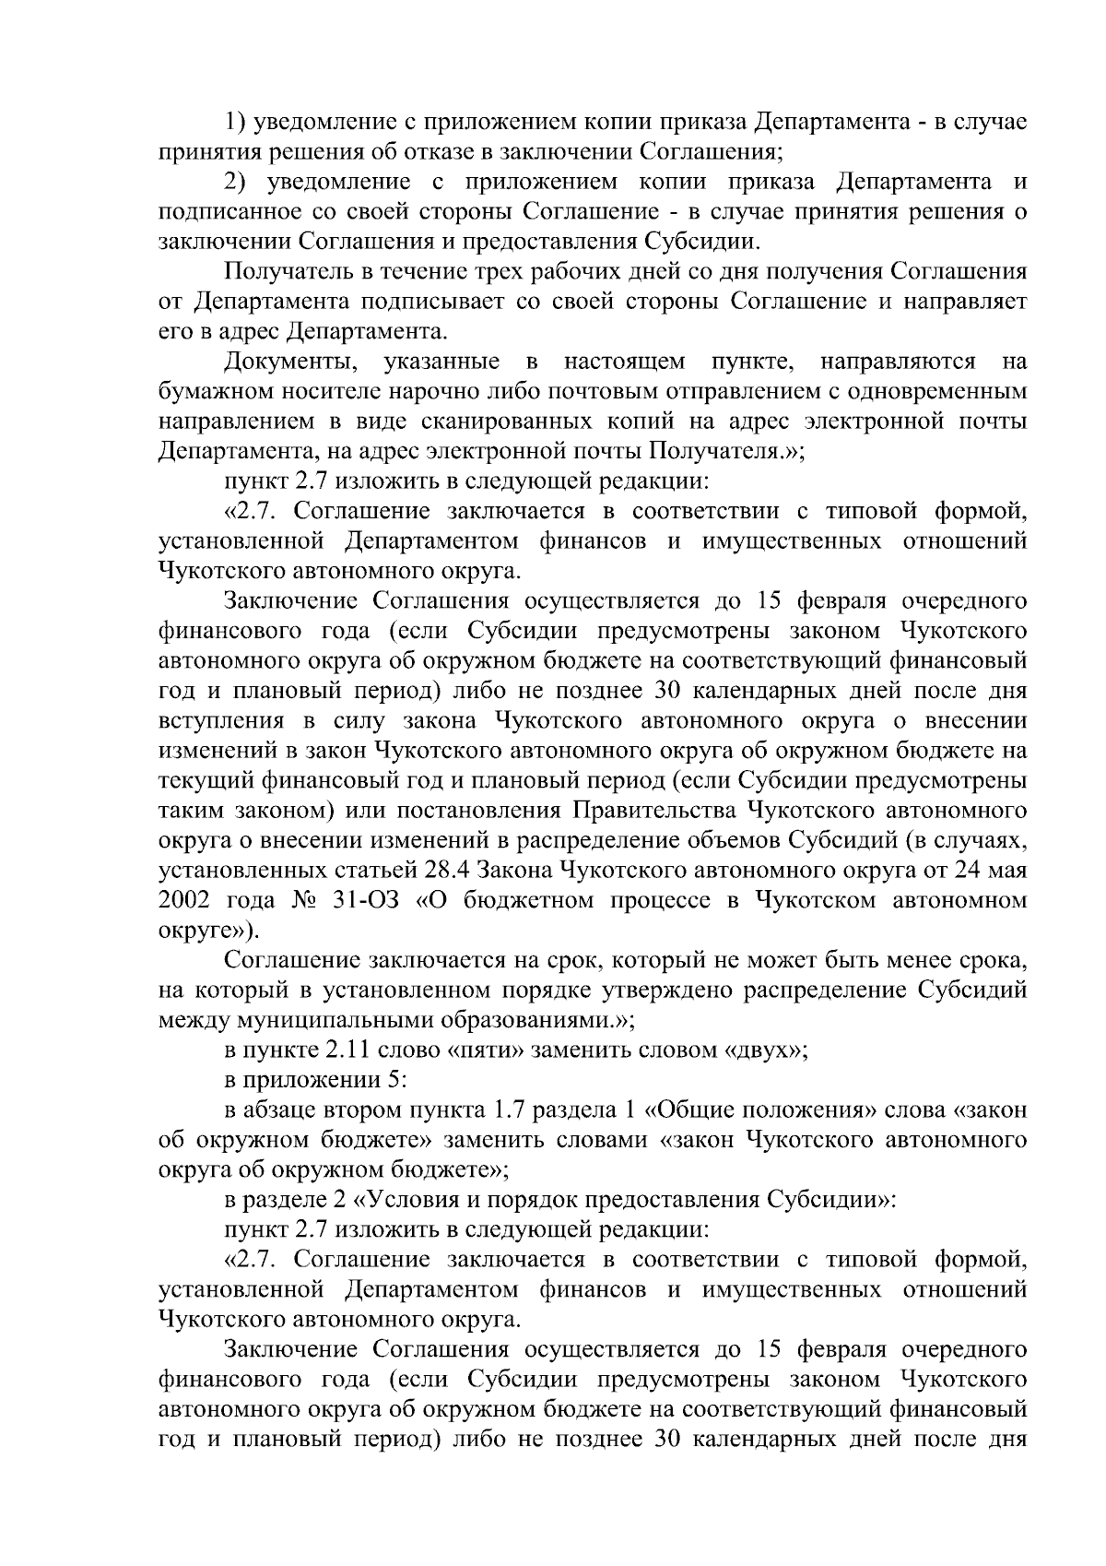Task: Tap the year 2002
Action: coord(183,900)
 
